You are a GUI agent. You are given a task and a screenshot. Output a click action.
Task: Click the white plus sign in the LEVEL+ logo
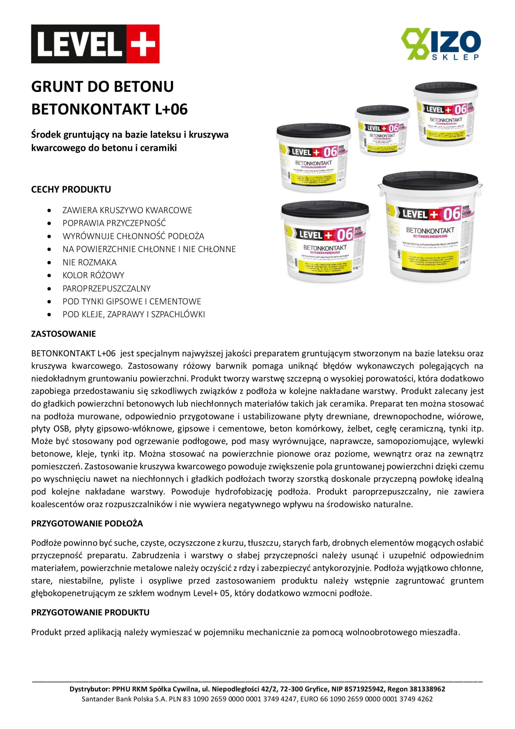[x=143, y=44]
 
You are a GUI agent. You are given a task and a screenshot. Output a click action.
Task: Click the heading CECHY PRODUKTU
[x=71, y=190]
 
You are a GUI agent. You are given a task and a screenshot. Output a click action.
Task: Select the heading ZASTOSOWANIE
[x=63, y=334]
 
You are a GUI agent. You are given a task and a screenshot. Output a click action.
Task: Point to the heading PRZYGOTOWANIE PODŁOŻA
[x=87, y=524]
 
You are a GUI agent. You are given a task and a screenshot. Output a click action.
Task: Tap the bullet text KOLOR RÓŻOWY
[x=93, y=275]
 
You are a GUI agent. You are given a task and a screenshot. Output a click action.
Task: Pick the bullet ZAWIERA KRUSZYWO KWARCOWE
[x=127, y=210]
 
